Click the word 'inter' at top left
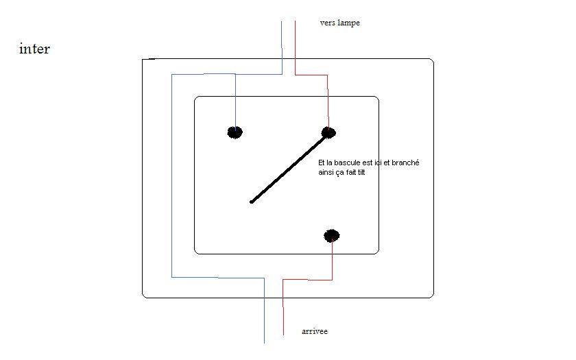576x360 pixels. pyautogui.click(x=34, y=49)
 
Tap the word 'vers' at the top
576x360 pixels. pyautogui.click(x=328, y=23)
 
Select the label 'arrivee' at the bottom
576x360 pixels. pyautogui.click(x=315, y=332)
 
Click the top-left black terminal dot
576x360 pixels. pyautogui.click(x=235, y=132)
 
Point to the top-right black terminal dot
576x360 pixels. pyautogui.click(x=328, y=132)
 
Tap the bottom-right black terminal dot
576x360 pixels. pyautogui.click(x=332, y=236)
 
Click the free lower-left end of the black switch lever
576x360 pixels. pyautogui.click(x=252, y=202)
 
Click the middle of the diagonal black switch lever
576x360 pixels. pyautogui.click(x=288, y=168)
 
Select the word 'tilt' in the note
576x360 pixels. pyautogui.click(x=361, y=172)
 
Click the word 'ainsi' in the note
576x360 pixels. pyautogui.click(x=326, y=172)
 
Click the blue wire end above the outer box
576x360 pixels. pyautogui.click(x=282, y=23)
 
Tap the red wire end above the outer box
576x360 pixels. pyautogui.click(x=295, y=23)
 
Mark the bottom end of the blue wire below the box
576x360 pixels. pyautogui.click(x=265, y=341)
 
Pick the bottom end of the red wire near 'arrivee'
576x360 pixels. pyautogui.click(x=283, y=334)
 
